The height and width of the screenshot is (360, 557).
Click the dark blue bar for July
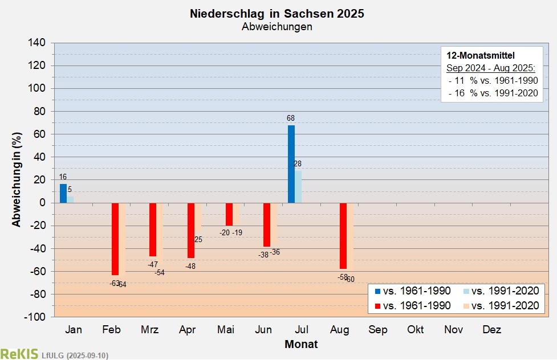click(291, 164)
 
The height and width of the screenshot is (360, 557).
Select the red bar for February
click(115, 239)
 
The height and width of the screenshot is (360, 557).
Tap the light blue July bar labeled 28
click(298, 186)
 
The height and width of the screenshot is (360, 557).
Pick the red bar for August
click(343, 236)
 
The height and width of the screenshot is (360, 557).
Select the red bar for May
click(229, 214)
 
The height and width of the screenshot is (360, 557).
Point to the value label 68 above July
click(291, 118)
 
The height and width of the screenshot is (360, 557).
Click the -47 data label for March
click(152, 264)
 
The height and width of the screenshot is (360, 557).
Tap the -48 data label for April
click(190, 266)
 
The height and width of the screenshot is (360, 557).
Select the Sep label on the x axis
click(377, 330)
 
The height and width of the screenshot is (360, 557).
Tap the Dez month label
click(491, 330)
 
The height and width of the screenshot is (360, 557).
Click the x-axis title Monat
click(301, 344)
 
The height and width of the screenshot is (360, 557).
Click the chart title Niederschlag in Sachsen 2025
click(277, 14)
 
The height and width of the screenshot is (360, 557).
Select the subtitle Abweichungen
click(277, 27)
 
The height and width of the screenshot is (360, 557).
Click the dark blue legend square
click(377, 291)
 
